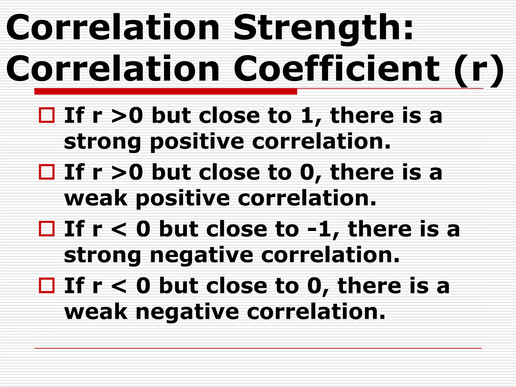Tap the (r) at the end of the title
[479, 69]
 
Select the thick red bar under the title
[166, 91]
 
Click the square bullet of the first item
[47, 115]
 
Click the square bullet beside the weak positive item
[47, 172]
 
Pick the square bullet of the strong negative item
[47, 229]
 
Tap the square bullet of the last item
[47, 285]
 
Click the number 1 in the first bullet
[307, 116]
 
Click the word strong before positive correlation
[102, 142]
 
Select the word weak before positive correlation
[96, 199]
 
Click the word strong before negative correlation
[102, 255]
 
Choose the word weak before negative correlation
[96, 312]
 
